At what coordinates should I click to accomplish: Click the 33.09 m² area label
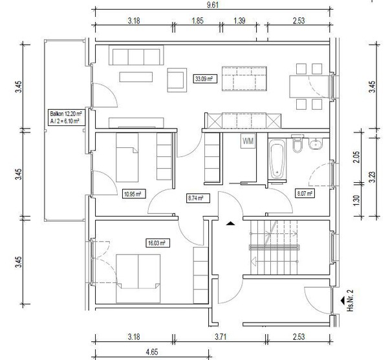[x=204, y=79]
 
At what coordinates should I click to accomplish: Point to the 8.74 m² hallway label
[x=198, y=198]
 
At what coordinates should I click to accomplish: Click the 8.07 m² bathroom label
[x=305, y=193]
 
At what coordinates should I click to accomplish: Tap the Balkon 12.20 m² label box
[x=65, y=118]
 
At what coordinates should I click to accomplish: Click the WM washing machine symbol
[x=248, y=141]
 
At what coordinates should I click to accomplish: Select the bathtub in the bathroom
[x=277, y=159]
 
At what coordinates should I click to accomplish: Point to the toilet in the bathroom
[x=297, y=143]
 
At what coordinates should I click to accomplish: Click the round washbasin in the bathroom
[x=316, y=143]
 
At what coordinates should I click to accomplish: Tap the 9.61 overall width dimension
[x=213, y=5]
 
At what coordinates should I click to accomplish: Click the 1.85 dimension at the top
[x=197, y=21]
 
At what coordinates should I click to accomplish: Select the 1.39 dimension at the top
[x=239, y=21]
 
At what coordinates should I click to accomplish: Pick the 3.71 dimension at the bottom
[x=221, y=337]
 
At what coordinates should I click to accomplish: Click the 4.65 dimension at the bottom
[x=151, y=352]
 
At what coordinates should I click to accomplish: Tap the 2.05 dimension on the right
[x=356, y=157]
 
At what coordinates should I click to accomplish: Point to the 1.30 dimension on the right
[x=356, y=200]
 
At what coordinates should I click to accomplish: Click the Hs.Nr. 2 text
[x=350, y=301]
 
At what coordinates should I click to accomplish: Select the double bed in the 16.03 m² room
[x=138, y=279]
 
